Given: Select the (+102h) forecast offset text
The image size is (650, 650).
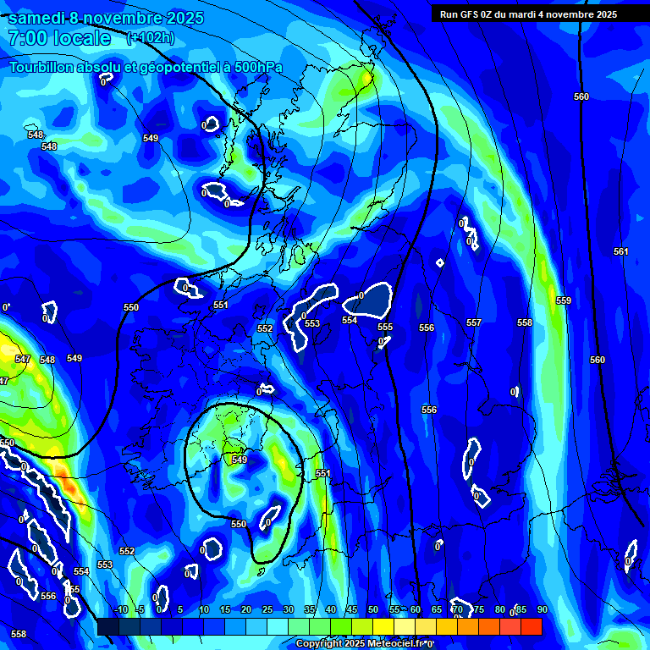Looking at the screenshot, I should pos(150,38).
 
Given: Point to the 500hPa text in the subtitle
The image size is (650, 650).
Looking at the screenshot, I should pos(256,67).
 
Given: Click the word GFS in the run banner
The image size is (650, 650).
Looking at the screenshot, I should pos(471,14).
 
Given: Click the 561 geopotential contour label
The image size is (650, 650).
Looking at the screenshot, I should pos(621,251).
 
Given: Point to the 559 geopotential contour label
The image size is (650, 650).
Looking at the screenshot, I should pos(564,300).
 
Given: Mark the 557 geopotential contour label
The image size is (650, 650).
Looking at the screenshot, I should pos(474,322).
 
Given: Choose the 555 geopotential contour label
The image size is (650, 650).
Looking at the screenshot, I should pos(385,327).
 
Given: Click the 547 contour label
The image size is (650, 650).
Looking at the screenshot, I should pos(23,360).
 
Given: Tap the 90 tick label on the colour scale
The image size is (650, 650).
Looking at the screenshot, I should pos(542,610).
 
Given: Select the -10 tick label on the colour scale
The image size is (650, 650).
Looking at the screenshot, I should pos(120,610).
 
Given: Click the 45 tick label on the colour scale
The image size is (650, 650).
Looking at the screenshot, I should pos(351,610).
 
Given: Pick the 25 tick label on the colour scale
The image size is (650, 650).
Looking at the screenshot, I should pos(267,610).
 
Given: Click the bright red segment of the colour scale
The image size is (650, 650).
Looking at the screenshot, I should pos(531,626).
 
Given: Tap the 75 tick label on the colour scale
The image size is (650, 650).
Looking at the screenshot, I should pos(478,610).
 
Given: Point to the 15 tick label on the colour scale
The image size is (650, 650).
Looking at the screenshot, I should pos(224,610).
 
